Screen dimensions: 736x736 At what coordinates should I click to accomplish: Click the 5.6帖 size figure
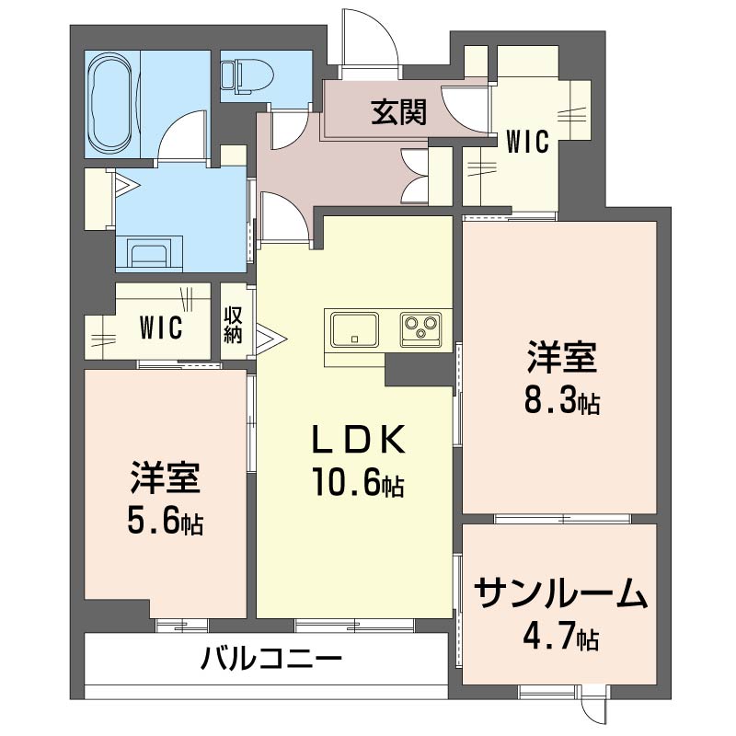pos(166,523)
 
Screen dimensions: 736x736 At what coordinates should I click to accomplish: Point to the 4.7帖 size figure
pos(563,637)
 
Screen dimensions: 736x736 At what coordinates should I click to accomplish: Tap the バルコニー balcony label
pos(272,659)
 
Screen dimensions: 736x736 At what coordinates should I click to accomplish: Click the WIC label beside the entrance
pos(528,142)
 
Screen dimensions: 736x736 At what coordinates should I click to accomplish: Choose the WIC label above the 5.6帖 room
pos(160,327)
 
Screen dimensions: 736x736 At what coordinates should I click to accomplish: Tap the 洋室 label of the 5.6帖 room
pos(166,478)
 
